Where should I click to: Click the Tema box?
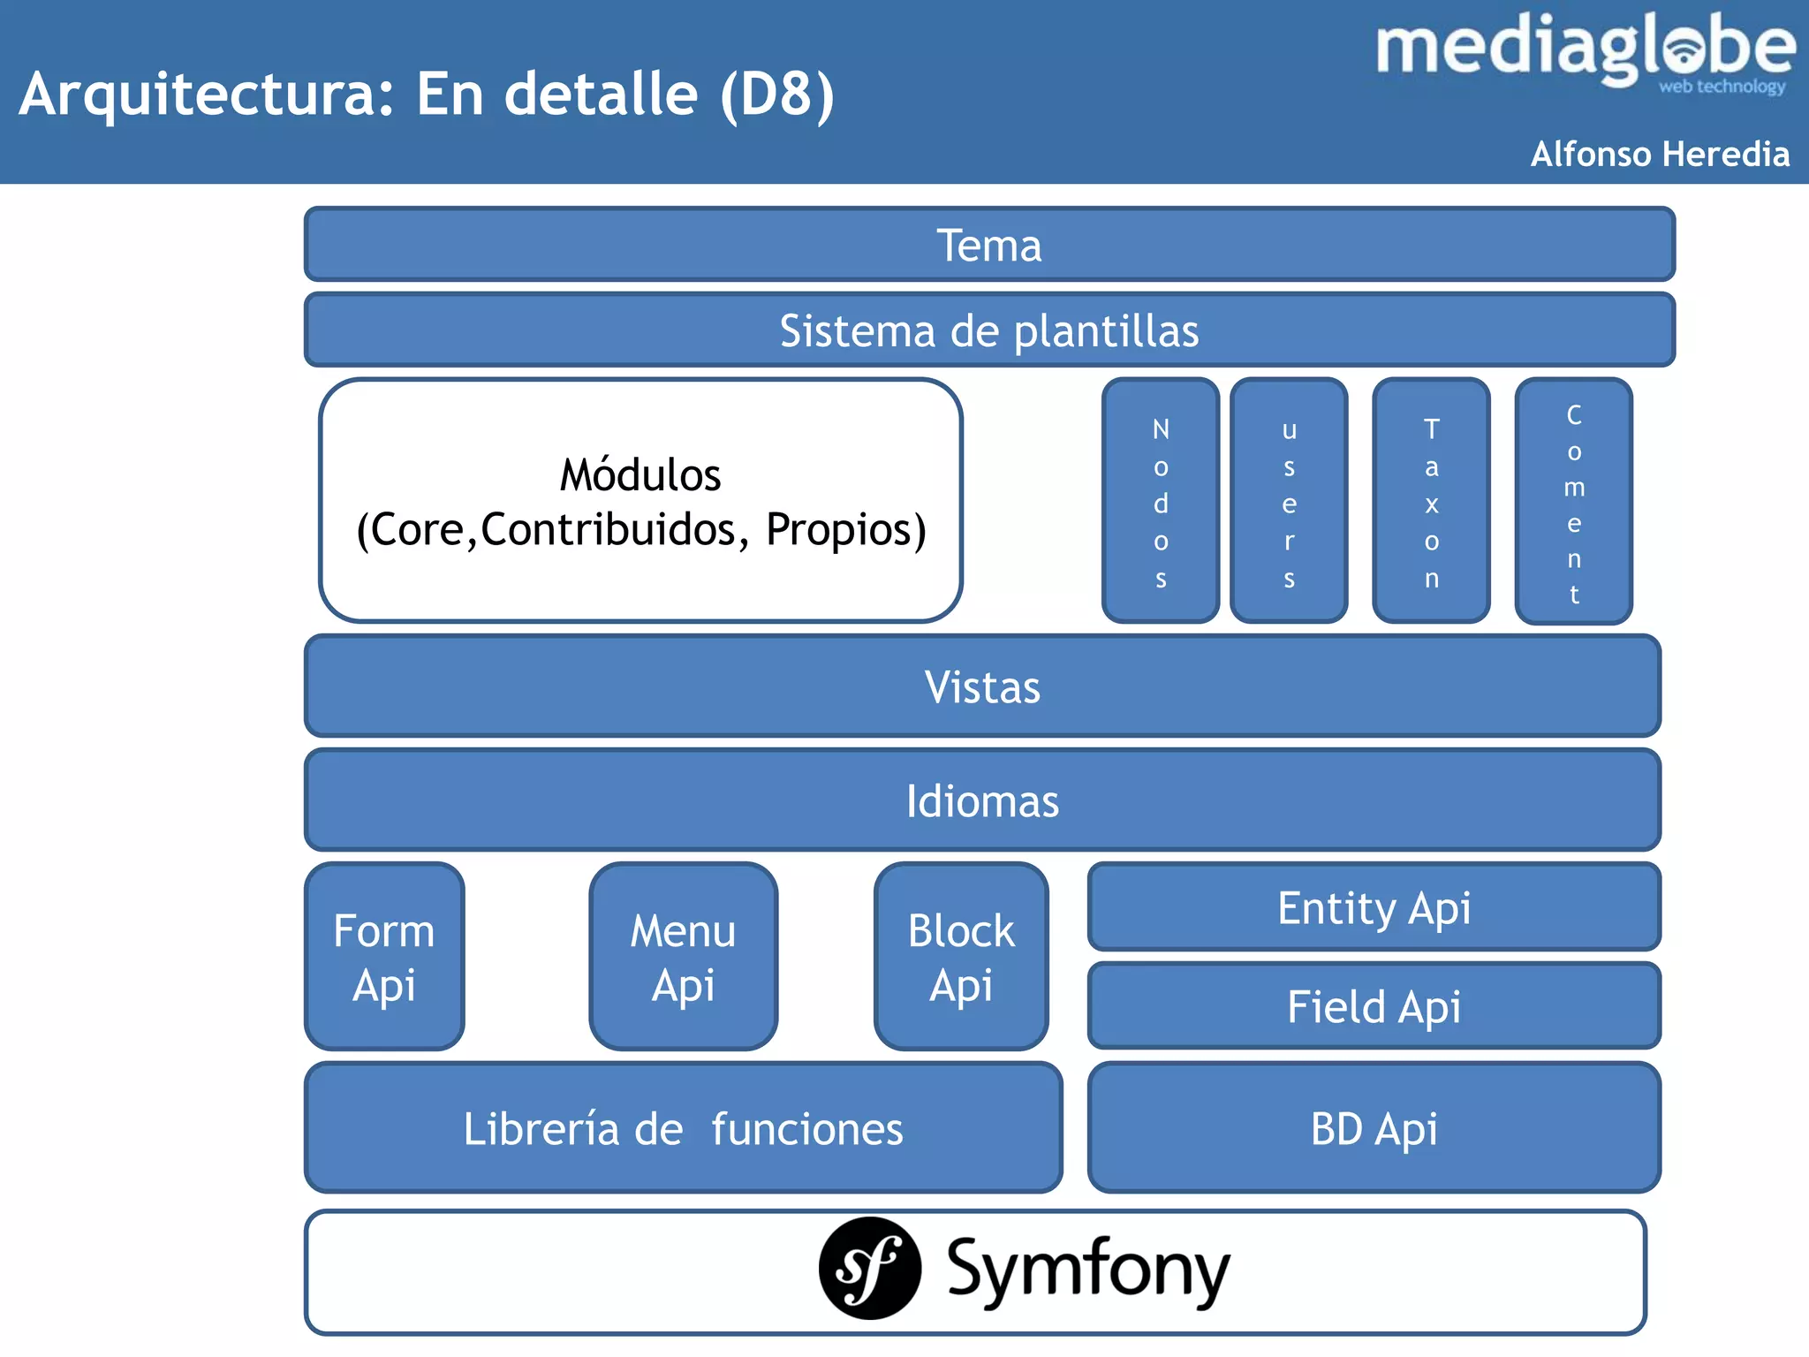(989, 245)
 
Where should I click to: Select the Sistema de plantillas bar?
(989, 330)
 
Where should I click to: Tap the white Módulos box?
(640, 501)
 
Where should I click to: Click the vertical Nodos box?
(1161, 502)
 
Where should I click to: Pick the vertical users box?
(1289, 502)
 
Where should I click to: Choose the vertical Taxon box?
(1431, 502)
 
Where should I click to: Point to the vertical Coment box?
(1573, 502)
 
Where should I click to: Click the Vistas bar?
(982, 686)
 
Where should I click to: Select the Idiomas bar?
(982, 800)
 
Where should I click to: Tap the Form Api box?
(384, 957)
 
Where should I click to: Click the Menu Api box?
(683, 957)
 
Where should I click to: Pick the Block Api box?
(961, 957)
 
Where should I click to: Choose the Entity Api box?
(1374, 907)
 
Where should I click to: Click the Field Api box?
(1374, 1006)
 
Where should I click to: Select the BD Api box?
(1374, 1128)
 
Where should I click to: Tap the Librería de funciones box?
(683, 1128)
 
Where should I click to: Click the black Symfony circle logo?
(869, 1269)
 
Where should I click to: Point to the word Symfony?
(1088, 1270)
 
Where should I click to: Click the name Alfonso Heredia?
(1660, 154)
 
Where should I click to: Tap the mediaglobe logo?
(1585, 51)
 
